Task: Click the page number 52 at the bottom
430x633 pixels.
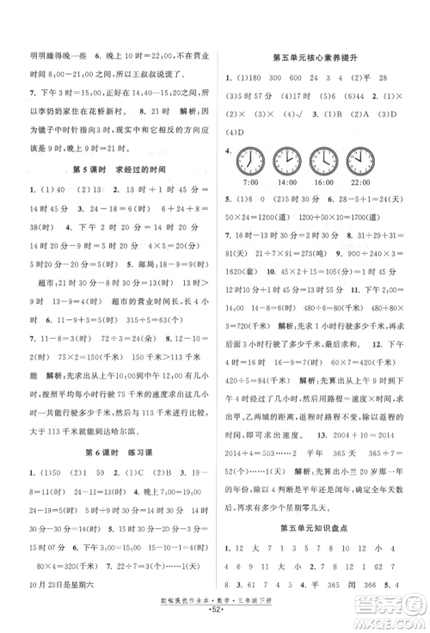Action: point(215,618)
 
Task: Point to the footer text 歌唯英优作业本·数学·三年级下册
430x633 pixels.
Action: point(215,606)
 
